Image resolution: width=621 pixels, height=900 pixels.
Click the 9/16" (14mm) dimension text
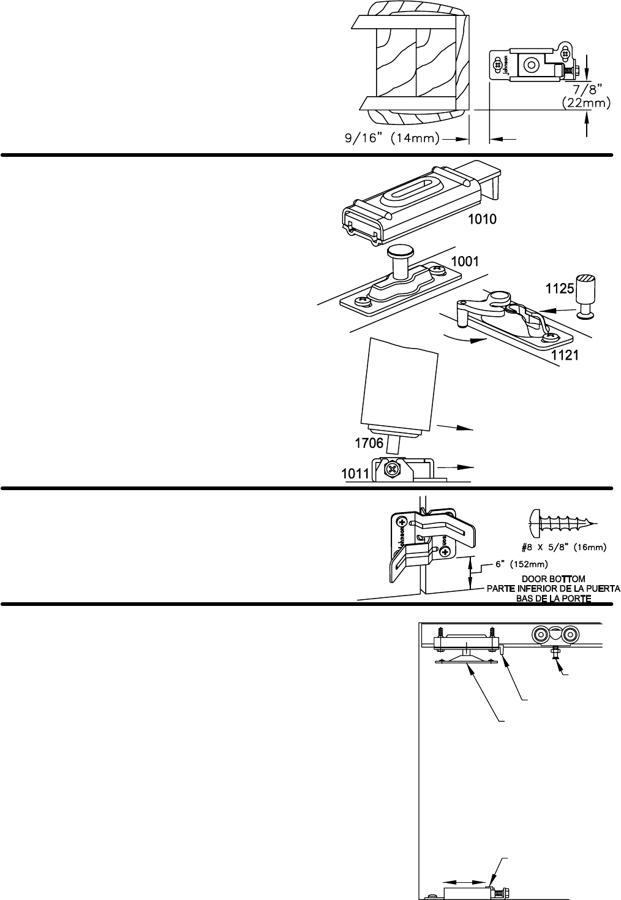tap(390, 139)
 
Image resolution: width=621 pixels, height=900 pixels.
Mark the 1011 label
tap(355, 474)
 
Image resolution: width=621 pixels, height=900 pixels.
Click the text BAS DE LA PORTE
tap(554, 598)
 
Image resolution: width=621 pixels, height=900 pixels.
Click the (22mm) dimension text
tap(586, 104)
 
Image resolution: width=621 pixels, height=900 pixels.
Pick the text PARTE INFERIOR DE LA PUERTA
tap(553, 589)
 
